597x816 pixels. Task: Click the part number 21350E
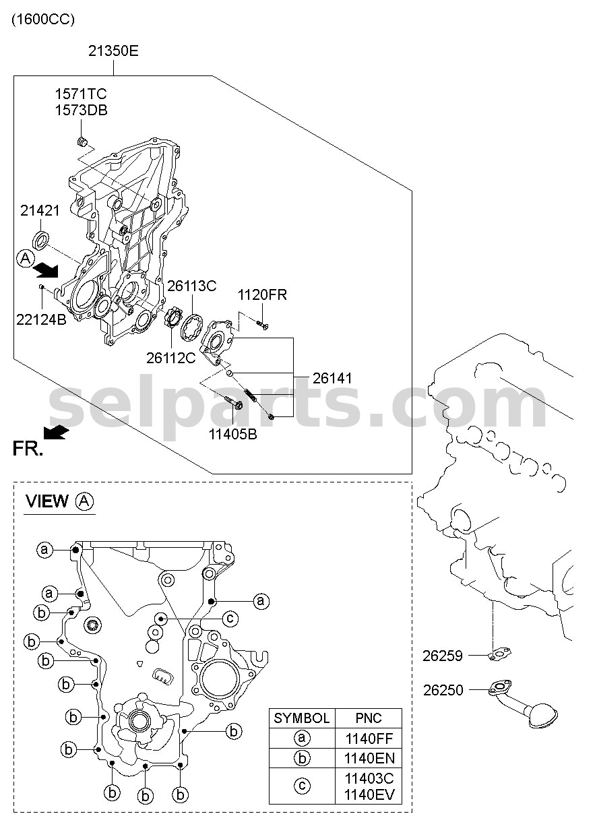click(113, 51)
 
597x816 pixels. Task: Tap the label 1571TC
click(81, 94)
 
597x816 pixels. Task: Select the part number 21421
click(40, 210)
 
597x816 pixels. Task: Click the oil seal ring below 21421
click(41, 240)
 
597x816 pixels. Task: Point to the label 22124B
click(42, 319)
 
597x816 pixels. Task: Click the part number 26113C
click(192, 286)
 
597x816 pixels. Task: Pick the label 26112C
click(171, 358)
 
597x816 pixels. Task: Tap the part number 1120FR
click(262, 294)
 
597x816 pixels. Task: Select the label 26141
click(332, 379)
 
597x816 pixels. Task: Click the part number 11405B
click(232, 434)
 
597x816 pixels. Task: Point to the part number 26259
click(443, 656)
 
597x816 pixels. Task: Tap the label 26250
click(443, 690)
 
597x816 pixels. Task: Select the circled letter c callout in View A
click(230, 618)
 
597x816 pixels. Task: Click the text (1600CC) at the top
click(43, 20)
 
